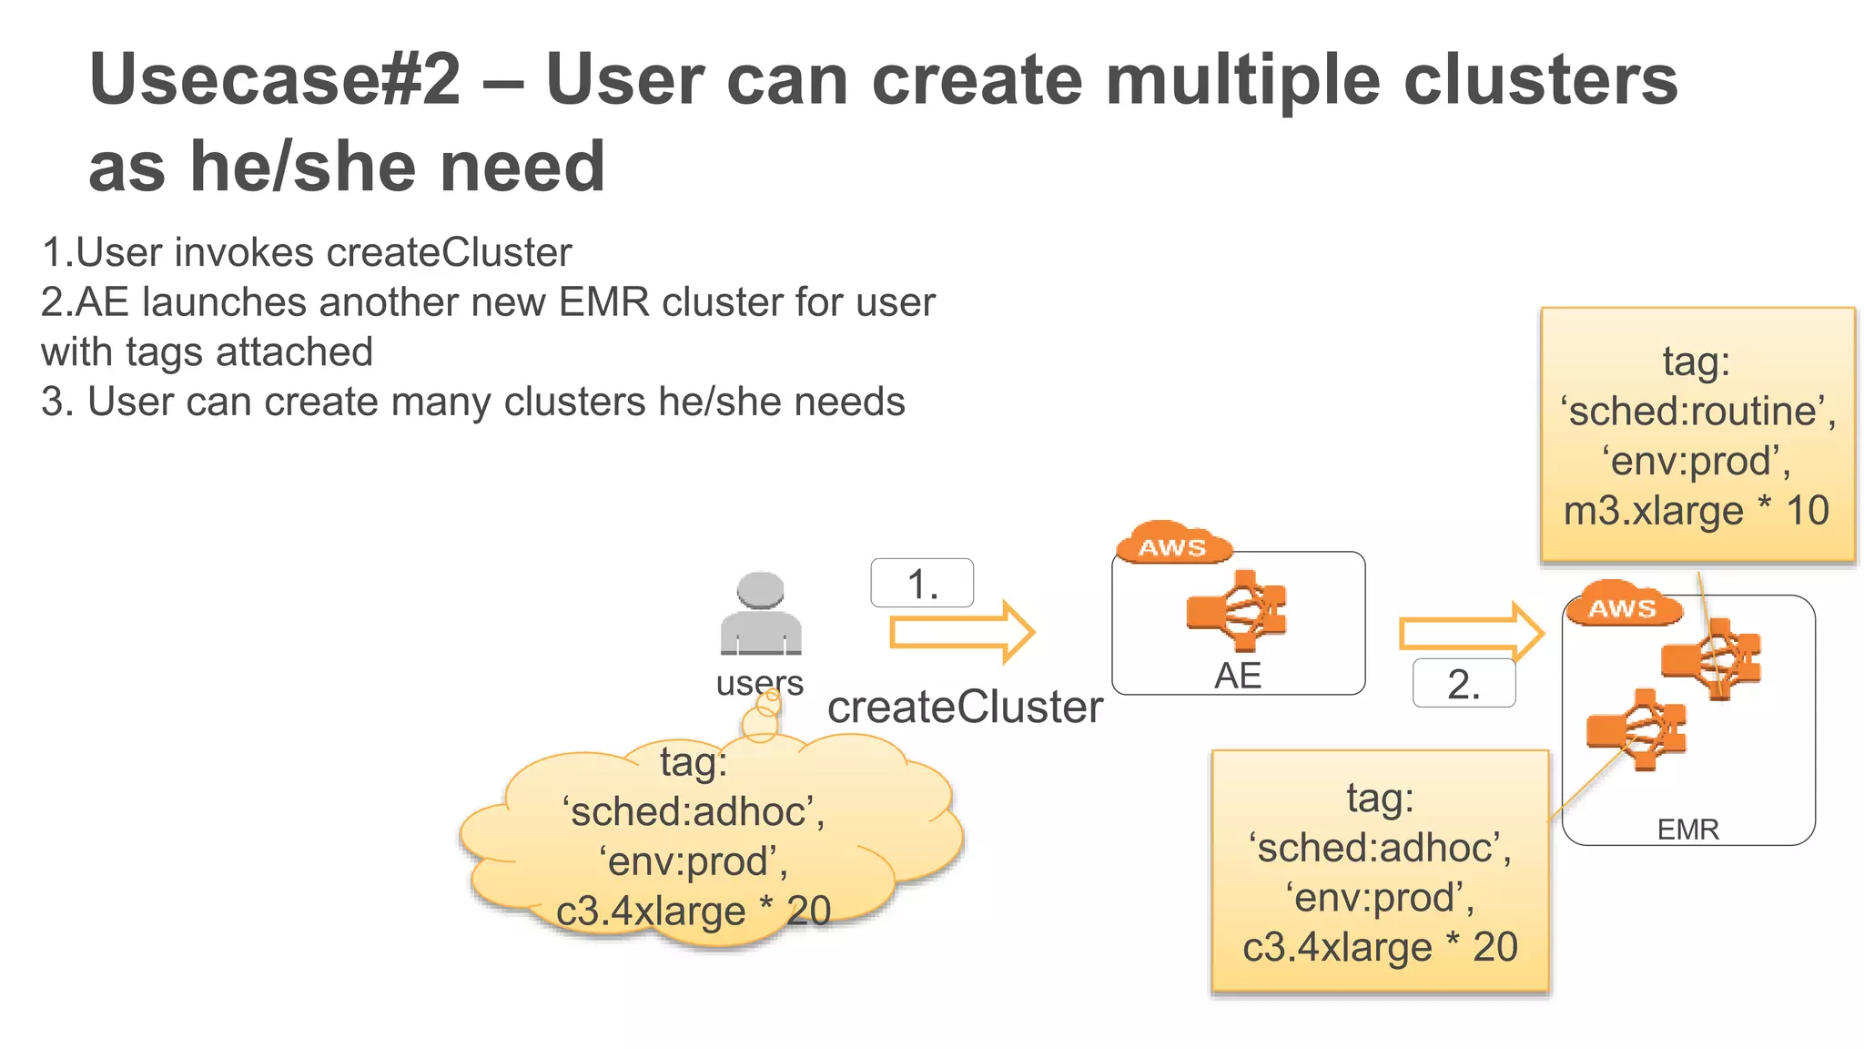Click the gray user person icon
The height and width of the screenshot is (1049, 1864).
pos(761,613)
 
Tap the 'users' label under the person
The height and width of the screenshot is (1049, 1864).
pos(759,682)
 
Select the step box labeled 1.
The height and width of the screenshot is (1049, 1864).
pos(922,584)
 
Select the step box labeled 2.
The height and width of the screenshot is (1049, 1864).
pos(1464,684)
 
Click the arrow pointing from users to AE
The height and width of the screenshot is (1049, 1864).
pos(961,632)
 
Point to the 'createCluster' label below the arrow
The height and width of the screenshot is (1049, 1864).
pos(965,708)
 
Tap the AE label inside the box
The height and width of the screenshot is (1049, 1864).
pos(1238,677)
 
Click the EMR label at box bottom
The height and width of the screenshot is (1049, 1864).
pos(1687,830)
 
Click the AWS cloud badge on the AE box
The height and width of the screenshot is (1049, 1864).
pos(1172,545)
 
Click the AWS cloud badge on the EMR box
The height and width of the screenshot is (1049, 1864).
pos(1622,606)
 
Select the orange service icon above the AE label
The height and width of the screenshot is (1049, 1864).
pos(1237,610)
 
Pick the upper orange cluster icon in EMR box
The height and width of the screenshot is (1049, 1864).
pos(1712,658)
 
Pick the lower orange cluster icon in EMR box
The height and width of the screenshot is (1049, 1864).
pos(1636,729)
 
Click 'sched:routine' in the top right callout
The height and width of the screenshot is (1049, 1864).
pos(1697,412)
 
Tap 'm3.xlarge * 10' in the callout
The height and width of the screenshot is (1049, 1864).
pos(1697,511)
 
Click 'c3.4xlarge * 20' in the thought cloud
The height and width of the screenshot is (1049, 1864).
pos(694,911)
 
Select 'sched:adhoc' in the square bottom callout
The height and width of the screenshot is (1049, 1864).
pos(1380,848)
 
